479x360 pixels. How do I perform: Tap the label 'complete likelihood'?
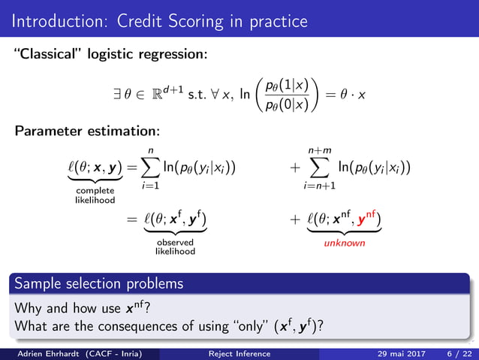95,197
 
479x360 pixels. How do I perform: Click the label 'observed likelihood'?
176,247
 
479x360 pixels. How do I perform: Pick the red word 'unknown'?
345,244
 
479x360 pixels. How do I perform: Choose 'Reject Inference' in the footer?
239,353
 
